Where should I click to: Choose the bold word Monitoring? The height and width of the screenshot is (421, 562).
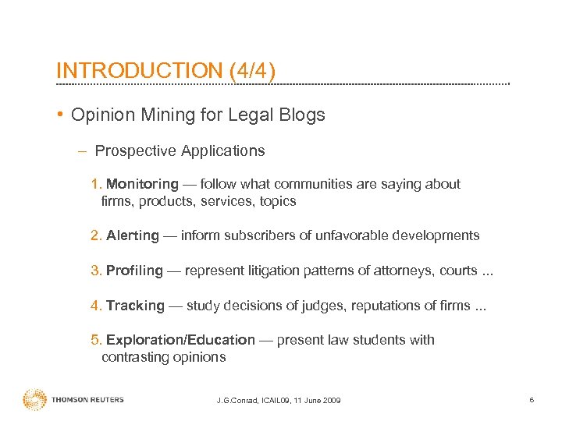click(142, 184)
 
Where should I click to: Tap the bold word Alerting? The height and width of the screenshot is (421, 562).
click(132, 235)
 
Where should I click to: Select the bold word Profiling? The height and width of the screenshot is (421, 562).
click(134, 271)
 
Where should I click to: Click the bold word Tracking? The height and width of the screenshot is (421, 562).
click(135, 306)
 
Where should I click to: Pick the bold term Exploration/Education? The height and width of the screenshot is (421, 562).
click(180, 340)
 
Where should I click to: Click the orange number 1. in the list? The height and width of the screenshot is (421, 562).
click(96, 184)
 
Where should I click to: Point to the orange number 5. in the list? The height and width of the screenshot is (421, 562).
click(96, 340)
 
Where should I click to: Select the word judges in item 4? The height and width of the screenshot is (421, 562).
click(310, 306)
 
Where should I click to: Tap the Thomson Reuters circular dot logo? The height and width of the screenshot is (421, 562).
click(34, 400)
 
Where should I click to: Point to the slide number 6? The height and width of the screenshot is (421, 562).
click(531, 400)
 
